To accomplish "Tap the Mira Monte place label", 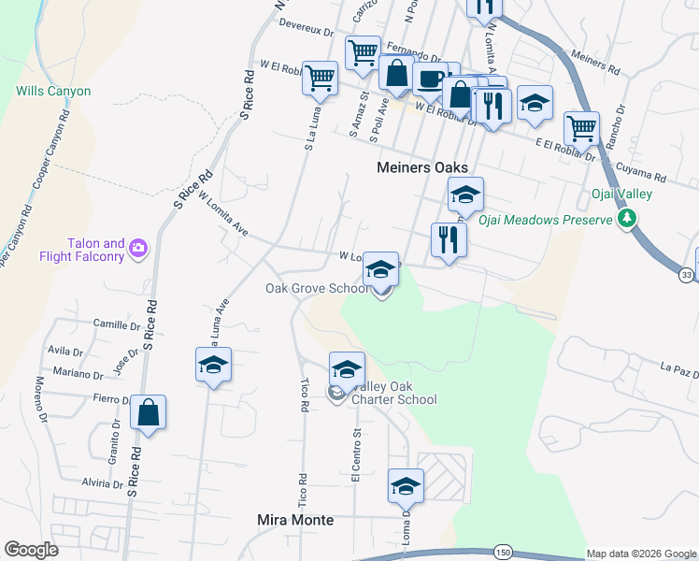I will (295, 519).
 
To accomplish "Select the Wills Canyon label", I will (53, 92).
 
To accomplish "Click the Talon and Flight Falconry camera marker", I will (139, 248).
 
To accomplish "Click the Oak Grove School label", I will (317, 288).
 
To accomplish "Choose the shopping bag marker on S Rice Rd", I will (149, 412).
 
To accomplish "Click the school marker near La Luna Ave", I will (213, 366).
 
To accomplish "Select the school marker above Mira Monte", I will (406, 486).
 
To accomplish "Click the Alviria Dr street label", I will (102, 483).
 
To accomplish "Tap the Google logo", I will (31, 550).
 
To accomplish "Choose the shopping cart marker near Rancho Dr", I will (582, 127).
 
